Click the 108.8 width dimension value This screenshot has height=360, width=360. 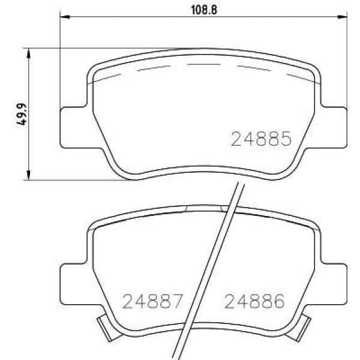204,10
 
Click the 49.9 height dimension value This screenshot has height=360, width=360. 22,114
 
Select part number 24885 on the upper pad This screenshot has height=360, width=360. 261,139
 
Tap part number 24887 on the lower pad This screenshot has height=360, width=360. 153,301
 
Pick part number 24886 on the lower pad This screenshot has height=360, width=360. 254,301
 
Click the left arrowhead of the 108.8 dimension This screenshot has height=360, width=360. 65,17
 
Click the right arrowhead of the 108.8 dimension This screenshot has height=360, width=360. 343,17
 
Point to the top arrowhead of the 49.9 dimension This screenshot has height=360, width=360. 28,53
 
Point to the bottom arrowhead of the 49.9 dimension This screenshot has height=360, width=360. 28,175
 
